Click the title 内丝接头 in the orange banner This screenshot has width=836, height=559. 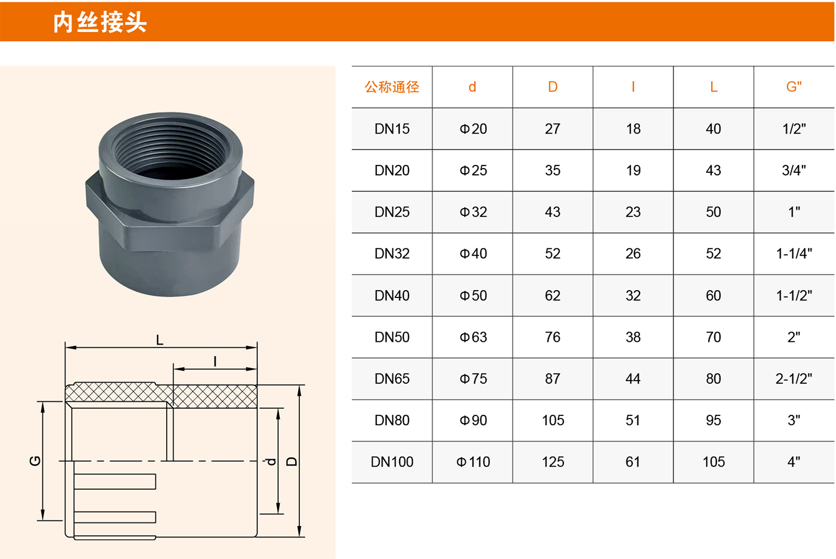pos(100,22)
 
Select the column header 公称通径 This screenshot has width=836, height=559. pos(392,87)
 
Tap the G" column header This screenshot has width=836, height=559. pos(794,87)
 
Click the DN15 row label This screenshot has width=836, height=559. pos(392,129)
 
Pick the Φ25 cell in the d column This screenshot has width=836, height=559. pos(473,171)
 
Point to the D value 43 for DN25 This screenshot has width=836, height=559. pos(552,212)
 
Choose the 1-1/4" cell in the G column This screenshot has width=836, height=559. pos(794,254)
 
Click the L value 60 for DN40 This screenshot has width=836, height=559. pos(713,296)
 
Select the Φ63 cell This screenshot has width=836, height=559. pos(473,337)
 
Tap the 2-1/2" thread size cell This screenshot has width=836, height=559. pos(794,379)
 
